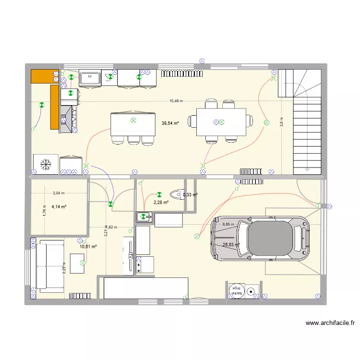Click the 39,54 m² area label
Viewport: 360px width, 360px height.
[170, 123]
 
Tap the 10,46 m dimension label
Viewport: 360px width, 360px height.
[176, 101]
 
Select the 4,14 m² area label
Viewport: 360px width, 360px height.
[59, 207]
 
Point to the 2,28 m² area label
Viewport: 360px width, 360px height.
[161, 203]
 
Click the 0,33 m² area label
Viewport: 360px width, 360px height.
[190, 194]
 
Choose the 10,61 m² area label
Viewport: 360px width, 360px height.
[88, 247]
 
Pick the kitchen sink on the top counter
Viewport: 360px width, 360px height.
[90, 78]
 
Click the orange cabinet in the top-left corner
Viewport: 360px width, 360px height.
[42, 76]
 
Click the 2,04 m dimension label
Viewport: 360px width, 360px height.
[59, 193]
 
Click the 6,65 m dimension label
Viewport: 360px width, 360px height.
[228, 224]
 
